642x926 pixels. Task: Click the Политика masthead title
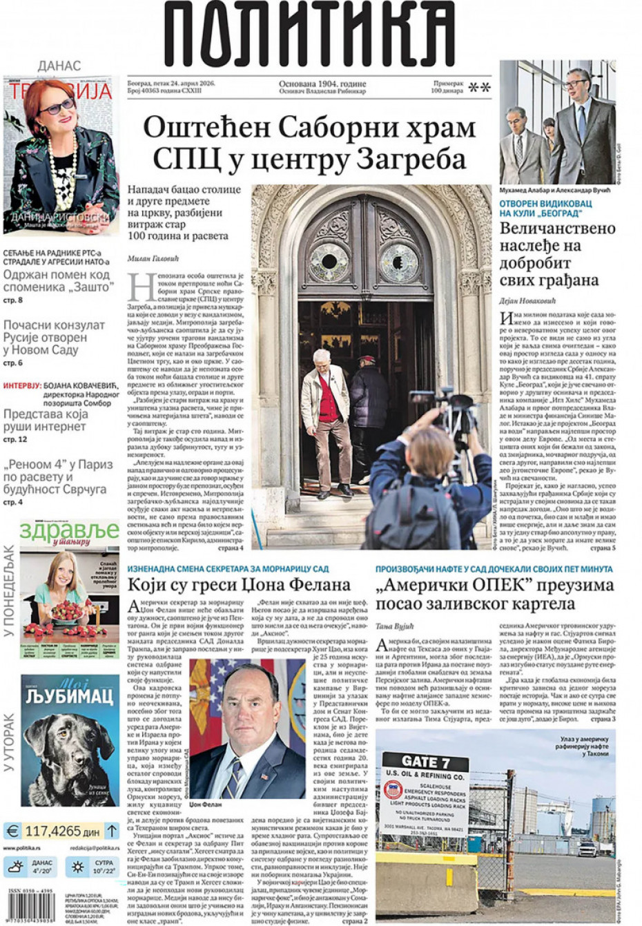[x=309, y=35]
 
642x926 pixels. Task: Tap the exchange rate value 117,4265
[x=52, y=830]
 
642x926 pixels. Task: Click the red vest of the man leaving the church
[x=330, y=398]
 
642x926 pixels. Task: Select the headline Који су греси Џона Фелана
[x=239, y=585]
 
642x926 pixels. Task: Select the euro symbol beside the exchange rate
[x=12, y=830]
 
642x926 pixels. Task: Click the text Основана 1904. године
[x=322, y=84]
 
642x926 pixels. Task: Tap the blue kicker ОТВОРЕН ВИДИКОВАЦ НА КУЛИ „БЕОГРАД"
[x=545, y=208]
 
